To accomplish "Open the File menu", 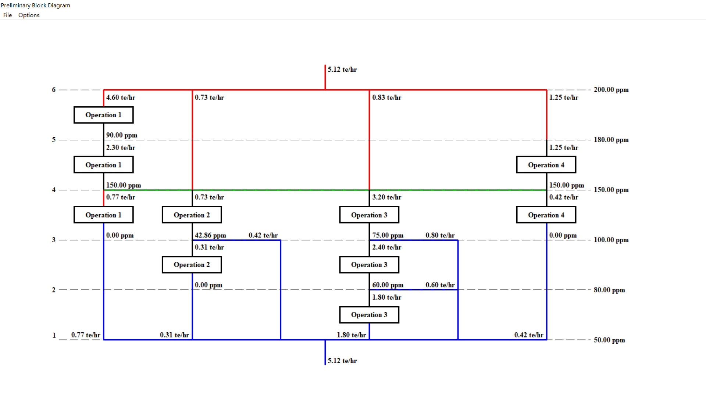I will click(7, 15).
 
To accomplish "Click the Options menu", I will click(29, 15).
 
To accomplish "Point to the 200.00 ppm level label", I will click(611, 90).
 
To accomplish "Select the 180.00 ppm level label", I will click(611, 140).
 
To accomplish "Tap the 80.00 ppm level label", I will click(609, 290).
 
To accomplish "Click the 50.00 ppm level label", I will click(609, 340).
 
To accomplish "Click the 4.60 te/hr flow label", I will click(121, 97).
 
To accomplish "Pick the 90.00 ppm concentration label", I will click(122, 135).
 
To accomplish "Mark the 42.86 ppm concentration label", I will click(210, 235).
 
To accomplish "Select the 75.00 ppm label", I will click(388, 235).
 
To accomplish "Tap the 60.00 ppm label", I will click(388, 285).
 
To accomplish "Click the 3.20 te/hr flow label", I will click(386, 197).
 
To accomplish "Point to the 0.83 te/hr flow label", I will click(386, 97).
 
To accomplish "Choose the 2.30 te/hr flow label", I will click(121, 147).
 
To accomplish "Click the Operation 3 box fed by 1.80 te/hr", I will click(369, 315).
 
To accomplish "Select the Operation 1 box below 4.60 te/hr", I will click(103, 115).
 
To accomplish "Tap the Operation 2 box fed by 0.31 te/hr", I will click(192, 265).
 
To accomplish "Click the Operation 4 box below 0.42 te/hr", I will click(546, 215).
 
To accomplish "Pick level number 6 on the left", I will click(54, 90).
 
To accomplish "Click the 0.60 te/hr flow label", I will click(440, 285).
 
